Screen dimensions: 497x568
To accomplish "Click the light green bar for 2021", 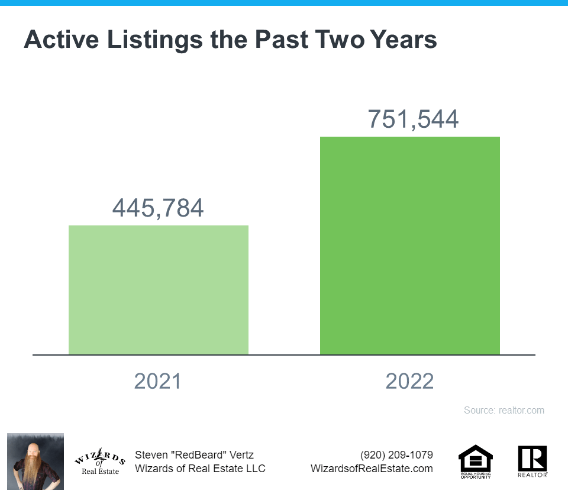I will [159, 290].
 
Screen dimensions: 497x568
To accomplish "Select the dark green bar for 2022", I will [410, 246].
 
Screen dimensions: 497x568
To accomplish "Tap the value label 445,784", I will [158, 208].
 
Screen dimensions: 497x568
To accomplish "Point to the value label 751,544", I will [413, 119].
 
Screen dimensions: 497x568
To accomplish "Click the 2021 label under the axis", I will [157, 381].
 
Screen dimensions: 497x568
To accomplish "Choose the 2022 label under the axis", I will [409, 381].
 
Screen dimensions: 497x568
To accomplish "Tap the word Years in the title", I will [403, 40].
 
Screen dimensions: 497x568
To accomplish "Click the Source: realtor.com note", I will [504, 411].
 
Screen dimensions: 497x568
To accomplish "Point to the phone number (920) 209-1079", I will [396, 455].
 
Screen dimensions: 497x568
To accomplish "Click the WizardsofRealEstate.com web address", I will [372, 469].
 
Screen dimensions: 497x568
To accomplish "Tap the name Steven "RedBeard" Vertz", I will [194, 455].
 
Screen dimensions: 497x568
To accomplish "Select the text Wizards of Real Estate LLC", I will [200, 469].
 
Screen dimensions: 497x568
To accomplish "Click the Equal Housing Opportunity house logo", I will [476, 460].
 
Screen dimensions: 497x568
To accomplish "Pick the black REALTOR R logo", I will [532, 460].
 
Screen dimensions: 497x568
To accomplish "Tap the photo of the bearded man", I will [35, 461].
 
